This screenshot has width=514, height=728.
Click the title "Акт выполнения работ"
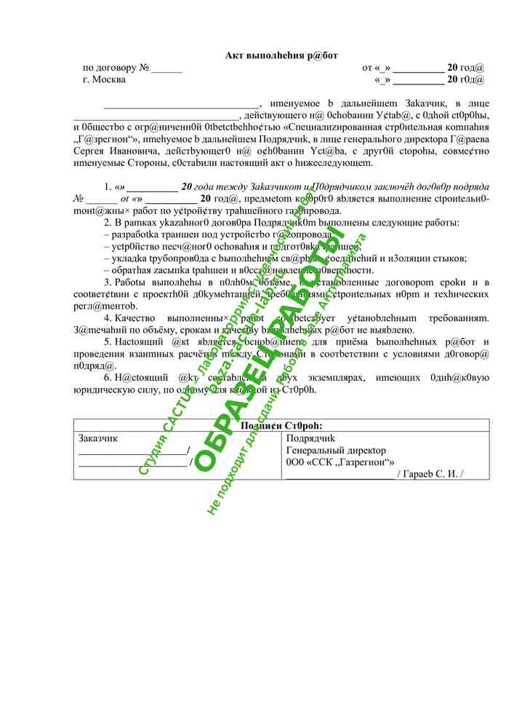(x=281, y=55)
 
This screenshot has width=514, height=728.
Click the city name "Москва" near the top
(x=110, y=80)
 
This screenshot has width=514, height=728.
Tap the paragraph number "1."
(x=108, y=186)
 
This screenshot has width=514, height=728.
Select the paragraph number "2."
(x=108, y=222)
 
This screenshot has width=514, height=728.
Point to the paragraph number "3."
(x=108, y=282)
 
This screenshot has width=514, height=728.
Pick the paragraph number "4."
(x=108, y=317)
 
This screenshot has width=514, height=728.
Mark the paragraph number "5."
(x=108, y=341)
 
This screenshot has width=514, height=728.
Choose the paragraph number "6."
(x=108, y=377)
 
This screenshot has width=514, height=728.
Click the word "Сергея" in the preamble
(x=92, y=151)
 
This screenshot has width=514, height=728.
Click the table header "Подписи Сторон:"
(x=281, y=426)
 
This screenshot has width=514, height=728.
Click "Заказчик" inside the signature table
(x=97, y=438)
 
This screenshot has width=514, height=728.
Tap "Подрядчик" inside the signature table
(x=310, y=438)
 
